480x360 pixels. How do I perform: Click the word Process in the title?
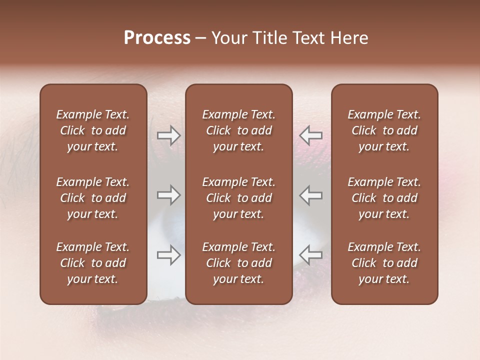(x=157, y=38)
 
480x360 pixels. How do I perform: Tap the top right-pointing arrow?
(x=169, y=135)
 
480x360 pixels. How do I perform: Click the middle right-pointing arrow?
(x=169, y=195)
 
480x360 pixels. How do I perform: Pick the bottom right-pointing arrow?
(x=169, y=254)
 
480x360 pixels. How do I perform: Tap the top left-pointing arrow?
(x=311, y=135)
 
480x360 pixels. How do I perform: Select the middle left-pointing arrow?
(x=311, y=195)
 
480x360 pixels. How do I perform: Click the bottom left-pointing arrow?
(x=311, y=254)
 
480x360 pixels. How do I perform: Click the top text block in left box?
(x=93, y=130)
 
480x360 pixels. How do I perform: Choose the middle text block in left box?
(x=93, y=198)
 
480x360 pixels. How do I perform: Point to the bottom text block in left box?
(x=93, y=263)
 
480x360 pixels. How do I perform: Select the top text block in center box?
(x=238, y=130)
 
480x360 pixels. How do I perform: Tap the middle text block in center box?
(x=238, y=198)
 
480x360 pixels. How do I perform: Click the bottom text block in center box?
(x=238, y=263)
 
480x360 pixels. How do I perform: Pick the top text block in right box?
(x=384, y=130)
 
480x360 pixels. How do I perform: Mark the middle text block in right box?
(x=384, y=198)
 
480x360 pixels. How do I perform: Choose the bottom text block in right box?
(x=384, y=263)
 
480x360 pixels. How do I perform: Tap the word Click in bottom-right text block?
(x=363, y=263)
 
